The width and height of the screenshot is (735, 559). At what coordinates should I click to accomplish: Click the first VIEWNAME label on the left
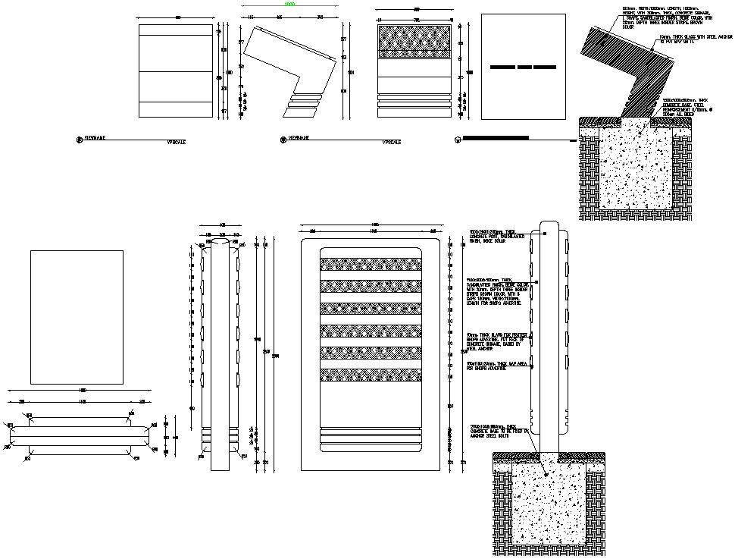[x=95, y=139]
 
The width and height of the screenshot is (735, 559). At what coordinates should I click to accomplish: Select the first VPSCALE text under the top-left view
[x=177, y=142]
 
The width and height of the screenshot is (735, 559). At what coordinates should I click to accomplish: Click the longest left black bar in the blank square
[x=502, y=68]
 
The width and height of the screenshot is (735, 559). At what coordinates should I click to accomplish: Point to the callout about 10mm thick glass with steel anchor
[x=696, y=39]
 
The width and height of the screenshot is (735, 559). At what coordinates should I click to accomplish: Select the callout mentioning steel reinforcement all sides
[x=688, y=107]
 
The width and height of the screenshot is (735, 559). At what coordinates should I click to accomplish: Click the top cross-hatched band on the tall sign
[x=371, y=264]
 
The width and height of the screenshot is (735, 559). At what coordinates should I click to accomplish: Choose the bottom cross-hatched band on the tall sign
[x=371, y=375]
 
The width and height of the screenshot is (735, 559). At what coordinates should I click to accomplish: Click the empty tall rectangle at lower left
[x=77, y=318]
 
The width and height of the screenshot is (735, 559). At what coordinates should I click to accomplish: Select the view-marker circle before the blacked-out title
[x=456, y=140]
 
